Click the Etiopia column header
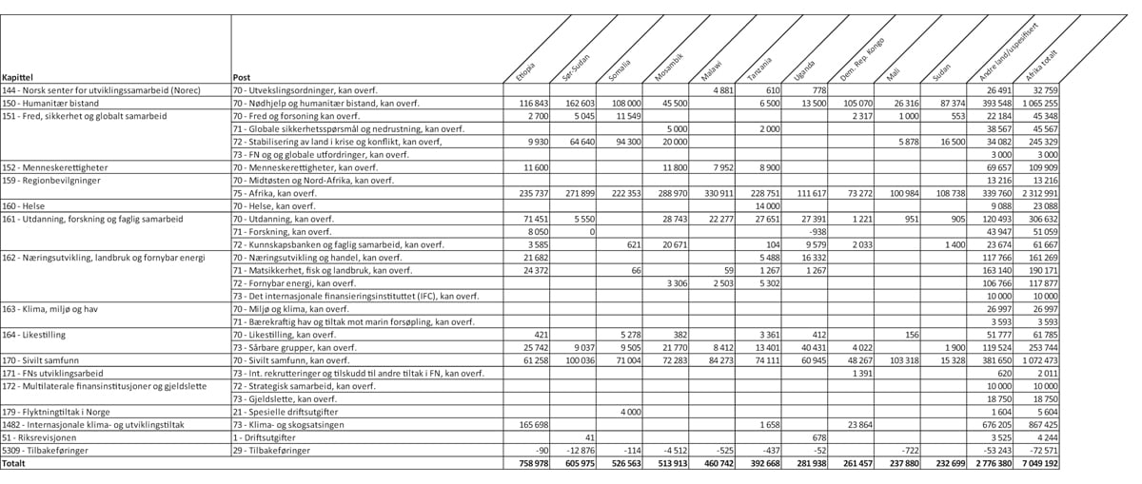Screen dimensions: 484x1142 (x=526, y=71)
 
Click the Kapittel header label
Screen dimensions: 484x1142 (x=19, y=77)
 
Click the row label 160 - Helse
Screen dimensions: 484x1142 (x=25, y=205)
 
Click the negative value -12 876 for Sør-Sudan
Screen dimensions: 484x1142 (x=579, y=450)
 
